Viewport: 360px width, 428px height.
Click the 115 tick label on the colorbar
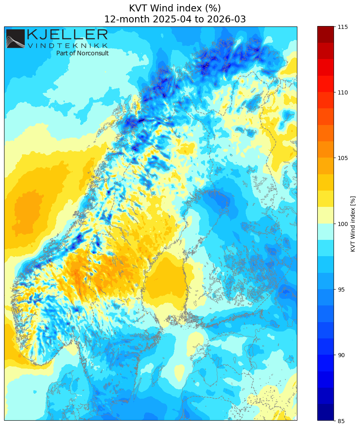(342, 27)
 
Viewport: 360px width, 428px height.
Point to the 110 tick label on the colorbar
(342, 92)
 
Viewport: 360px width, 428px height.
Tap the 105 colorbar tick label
(342, 158)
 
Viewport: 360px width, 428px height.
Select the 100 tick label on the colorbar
(342, 224)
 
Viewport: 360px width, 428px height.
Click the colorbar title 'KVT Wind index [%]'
(353, 224)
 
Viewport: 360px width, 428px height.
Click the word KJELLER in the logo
(67, 35)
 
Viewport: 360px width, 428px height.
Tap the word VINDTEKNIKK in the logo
(67, 46)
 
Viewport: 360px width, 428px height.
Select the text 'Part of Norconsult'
(82, 53)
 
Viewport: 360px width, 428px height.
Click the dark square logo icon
(15, 39)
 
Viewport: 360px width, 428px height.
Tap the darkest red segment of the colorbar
(325, 34)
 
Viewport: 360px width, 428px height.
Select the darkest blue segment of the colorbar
(325, 412)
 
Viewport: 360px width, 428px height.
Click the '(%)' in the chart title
(213, 8)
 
